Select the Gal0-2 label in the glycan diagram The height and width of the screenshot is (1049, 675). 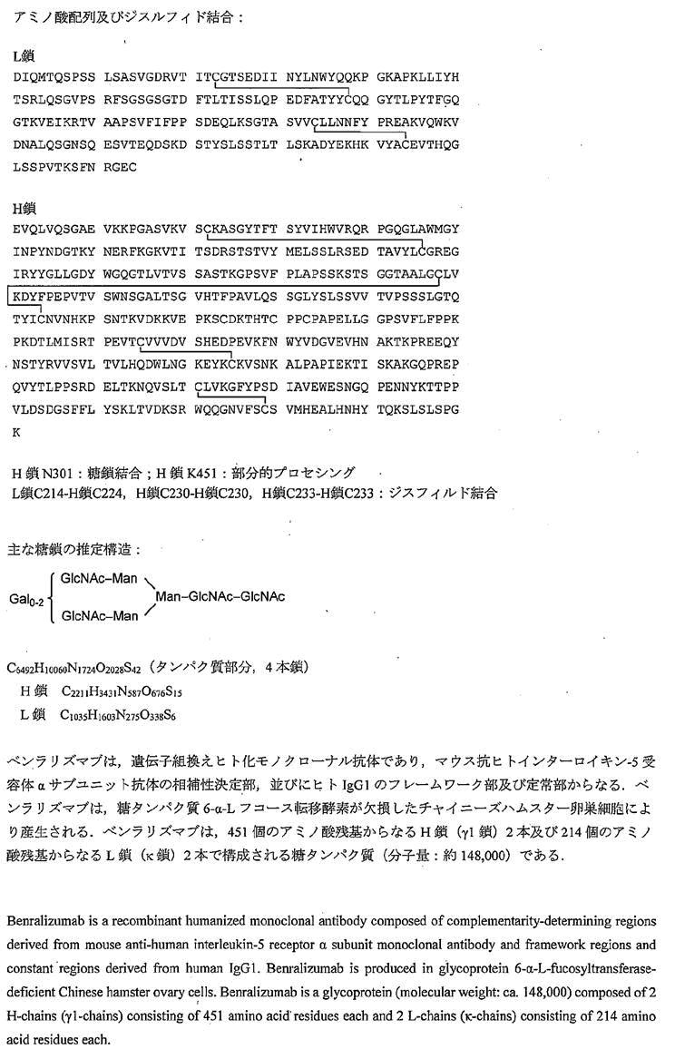tap(25, 596)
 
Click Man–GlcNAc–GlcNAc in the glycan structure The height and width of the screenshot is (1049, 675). tap(220, 596)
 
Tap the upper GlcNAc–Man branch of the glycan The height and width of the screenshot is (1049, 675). tap(99, 577)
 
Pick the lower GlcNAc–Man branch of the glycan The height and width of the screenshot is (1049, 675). tap(99, 616)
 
